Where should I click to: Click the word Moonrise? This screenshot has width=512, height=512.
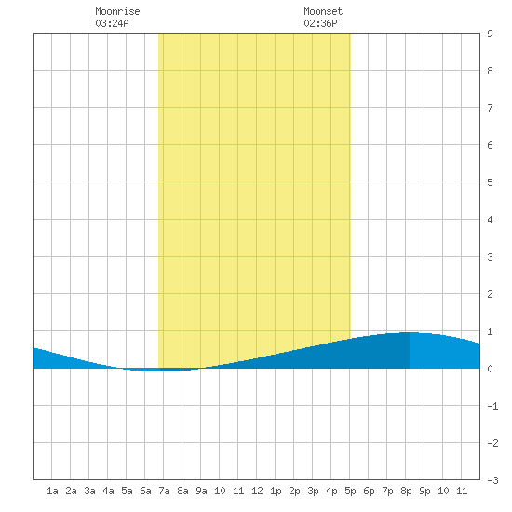117,11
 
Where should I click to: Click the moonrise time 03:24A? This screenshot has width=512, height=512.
112,23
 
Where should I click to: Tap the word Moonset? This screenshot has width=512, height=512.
323,11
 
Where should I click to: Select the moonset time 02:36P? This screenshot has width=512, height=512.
320,23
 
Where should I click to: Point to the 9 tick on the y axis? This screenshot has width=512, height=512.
490,34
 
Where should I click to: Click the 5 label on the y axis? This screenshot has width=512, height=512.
490,182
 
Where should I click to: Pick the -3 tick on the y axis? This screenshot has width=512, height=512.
492,480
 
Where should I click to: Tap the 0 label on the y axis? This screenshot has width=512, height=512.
490,369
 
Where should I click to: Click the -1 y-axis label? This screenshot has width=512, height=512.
492,406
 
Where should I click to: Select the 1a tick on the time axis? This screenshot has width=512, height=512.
52,491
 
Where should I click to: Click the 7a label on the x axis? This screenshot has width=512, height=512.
164,491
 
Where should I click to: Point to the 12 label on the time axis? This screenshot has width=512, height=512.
257,491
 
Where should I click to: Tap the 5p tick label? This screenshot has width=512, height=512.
350,491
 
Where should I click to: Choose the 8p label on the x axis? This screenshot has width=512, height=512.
406,491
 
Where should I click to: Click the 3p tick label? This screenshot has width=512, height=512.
313,491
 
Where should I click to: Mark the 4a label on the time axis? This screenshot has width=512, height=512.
108,491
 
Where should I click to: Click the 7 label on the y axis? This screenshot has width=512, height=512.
490,108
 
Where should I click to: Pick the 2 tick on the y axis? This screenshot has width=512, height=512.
490,294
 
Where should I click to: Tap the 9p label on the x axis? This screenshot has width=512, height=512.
424,491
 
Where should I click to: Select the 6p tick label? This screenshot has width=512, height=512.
369,491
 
